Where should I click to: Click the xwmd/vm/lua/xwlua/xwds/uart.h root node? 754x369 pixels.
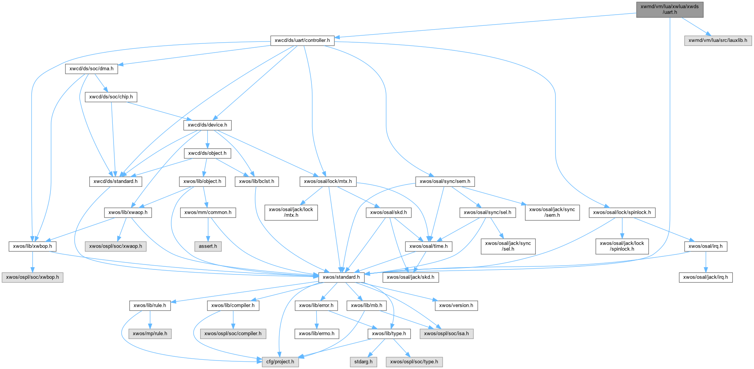[669, 9]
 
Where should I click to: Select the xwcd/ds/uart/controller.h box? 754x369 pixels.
[302, 40]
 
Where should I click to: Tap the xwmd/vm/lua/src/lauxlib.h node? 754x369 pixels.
[717, 40]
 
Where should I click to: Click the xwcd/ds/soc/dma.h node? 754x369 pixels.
[91, 69]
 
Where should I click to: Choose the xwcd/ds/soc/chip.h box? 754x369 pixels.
[111, 97]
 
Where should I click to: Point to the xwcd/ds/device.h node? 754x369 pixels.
[207, 125]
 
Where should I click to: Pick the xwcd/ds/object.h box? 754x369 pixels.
[207, 153]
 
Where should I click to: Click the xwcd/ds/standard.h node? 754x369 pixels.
[115, 181]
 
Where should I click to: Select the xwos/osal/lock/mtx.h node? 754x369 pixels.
[328, 181]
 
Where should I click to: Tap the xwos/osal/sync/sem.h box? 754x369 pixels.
[445, 181]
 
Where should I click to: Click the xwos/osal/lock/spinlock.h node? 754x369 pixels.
[622, 212]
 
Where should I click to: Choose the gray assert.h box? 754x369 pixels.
[207, 246]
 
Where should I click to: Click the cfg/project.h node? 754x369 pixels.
[280, 362]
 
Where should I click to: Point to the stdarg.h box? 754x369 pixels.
[363, 362]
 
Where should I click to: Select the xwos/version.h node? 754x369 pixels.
[456, 305]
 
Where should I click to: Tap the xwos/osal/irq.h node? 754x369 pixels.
[705, 246]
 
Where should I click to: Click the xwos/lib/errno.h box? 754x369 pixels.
[317, 333]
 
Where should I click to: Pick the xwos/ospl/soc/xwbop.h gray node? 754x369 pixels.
[32, 277]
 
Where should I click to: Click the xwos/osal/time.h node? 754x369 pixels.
[428, 246]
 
